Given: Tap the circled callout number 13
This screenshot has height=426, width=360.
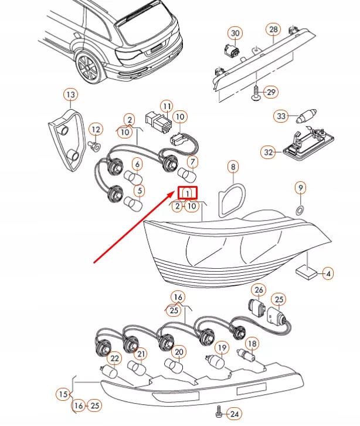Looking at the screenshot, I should [70, 94].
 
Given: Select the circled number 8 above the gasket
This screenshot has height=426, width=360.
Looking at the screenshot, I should [233, 168].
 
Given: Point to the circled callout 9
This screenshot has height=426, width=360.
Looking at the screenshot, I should [300, 188].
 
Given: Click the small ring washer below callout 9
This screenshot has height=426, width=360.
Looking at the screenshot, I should [300, 209].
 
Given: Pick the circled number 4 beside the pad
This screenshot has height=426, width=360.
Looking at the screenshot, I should [328, 273].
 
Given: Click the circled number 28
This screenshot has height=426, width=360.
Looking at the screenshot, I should [273, 29].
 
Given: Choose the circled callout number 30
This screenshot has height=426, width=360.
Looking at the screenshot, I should [235, 33].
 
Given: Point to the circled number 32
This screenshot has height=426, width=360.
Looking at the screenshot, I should [268, 153].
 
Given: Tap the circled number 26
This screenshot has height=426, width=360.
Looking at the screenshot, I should [259, 290].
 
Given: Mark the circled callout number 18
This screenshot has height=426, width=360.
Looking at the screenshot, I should [250, 343].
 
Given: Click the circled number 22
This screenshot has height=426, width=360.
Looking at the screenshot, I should [114, 359].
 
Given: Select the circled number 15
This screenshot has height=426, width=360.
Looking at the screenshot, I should [63, 394].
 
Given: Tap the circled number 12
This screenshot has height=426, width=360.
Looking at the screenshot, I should [95, 129].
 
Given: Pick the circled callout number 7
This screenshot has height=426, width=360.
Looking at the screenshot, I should [193, 162].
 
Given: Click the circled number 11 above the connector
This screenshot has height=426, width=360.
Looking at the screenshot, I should [167, 107].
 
